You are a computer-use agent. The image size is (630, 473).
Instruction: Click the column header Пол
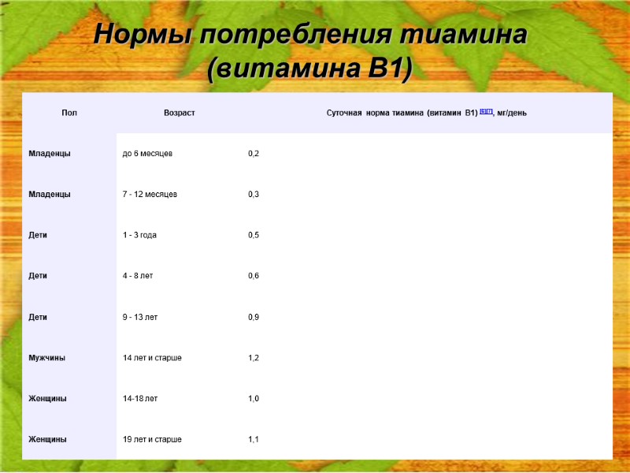(69, 113)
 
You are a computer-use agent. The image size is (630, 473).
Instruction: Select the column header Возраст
(180, 113)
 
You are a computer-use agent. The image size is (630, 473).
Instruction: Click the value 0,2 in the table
(254, 153)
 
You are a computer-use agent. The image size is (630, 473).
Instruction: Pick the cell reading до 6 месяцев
(148, 153)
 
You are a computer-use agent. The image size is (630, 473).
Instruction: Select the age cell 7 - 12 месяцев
(150, 194)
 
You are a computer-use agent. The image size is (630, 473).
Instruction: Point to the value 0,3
(254, 194)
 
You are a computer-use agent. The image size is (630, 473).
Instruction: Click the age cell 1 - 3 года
(139, 235)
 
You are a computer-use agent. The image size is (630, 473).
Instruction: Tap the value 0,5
(254, 235)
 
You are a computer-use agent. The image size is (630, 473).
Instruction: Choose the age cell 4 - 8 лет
(138, 276)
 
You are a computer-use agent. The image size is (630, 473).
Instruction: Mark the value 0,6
(254, 276)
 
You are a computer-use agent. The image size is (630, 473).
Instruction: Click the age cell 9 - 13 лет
(140, 317)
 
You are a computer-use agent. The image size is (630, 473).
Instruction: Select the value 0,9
(254, 317)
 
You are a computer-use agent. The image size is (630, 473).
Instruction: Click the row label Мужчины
(47, 358)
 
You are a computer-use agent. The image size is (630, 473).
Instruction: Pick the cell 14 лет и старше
(152, 358)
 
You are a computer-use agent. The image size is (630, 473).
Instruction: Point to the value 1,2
(254, 358)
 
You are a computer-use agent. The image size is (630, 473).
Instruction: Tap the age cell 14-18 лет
(140, 399)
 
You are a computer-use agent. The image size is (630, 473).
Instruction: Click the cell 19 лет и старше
(152, 439)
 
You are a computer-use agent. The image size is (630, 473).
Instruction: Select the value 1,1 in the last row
(254, 439)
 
